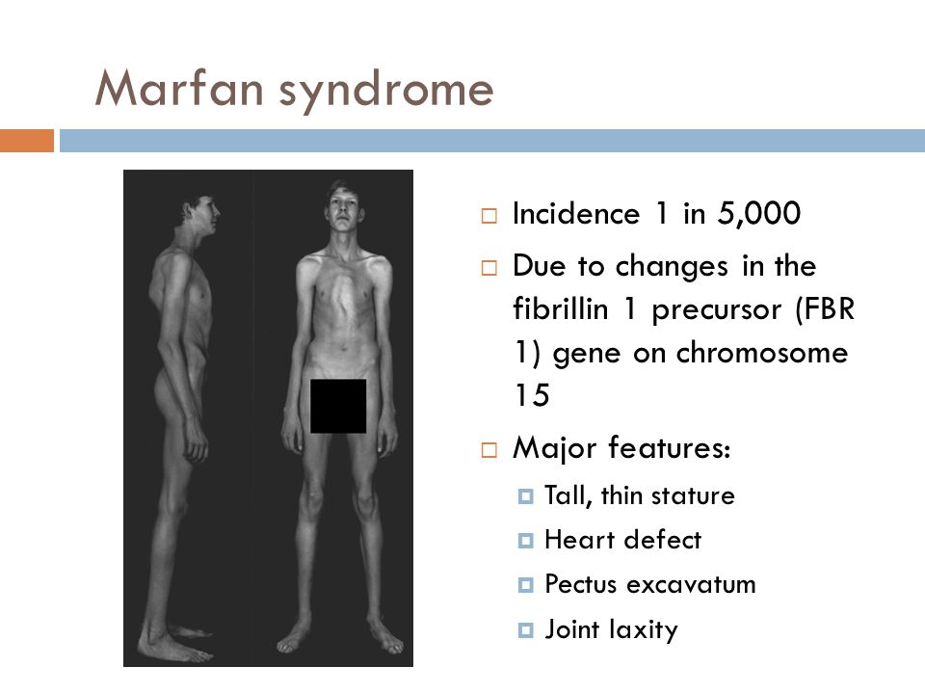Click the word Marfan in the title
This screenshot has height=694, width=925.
click(179, 88)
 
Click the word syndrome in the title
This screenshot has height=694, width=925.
click(385, 93)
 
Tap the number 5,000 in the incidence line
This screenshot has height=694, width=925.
click(758, 214)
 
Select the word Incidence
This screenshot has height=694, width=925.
click(576, 214)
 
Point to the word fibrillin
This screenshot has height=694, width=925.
click(561, 308)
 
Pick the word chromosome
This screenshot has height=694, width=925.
click(761, 353)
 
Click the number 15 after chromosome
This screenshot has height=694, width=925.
click(532, 395)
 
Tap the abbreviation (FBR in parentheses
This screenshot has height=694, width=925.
click(825, 309)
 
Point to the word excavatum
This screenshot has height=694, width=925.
click(691, 585)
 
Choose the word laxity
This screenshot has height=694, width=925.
click(644, 629)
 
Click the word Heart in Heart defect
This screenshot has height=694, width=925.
click(578, 540)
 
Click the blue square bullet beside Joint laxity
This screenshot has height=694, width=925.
click(525, 630)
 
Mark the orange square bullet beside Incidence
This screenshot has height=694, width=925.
click(489, 215)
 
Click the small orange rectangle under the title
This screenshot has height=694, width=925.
click(27, 141)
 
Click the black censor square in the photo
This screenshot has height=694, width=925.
click(338, 406)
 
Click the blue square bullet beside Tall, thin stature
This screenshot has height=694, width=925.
click(525, 495)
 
